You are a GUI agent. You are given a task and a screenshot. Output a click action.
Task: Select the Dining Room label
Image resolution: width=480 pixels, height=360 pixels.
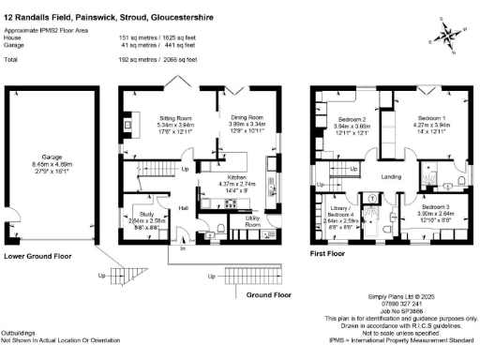(248, 117)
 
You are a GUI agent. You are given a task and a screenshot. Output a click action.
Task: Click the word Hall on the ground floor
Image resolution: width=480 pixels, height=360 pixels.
(184, 208)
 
